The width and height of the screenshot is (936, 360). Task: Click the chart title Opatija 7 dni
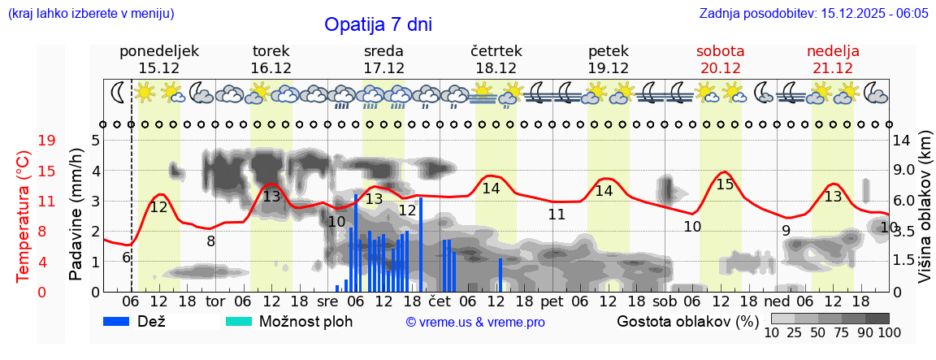[x=378, y=24]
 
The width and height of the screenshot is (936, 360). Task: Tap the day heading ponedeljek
[x=159, y=51]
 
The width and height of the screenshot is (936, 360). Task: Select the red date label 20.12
[x=720, y=68]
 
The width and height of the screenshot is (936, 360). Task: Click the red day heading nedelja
[x=833, y=51]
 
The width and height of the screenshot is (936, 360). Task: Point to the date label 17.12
[x=383, y=68]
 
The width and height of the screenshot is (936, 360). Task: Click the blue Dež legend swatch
[x=119, y=321]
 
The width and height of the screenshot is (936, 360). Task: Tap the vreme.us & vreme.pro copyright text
[x=475, y=323]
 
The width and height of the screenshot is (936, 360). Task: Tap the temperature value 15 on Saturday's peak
[x=725, y=185]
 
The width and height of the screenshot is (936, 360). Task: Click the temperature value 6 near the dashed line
[x=127, y=258]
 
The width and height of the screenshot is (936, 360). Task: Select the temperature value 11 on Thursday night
[x=557, y=215]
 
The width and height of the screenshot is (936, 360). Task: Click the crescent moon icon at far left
[x=119, y=93]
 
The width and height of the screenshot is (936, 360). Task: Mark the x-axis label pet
[x=552, y=301]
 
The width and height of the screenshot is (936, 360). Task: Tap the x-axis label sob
[x=664, y=301]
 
